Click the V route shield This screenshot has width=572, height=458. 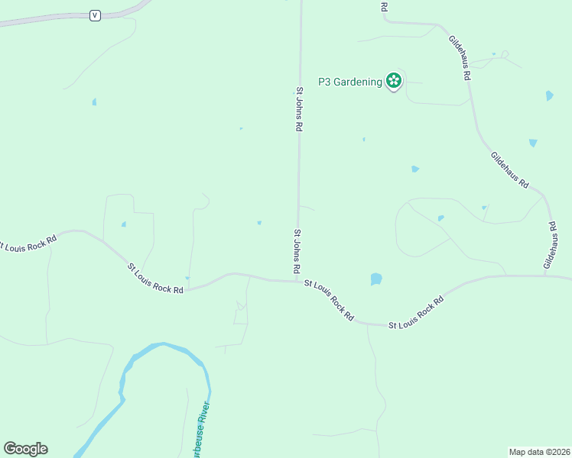95,15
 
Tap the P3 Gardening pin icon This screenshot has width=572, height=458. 393,81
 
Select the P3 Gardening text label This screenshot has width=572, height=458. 349,82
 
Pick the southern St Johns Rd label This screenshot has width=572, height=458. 296,251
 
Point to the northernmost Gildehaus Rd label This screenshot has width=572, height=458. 460,58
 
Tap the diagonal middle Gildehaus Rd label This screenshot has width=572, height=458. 510,170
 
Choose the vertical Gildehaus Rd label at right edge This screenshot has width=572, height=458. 551,245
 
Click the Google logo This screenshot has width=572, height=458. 25,449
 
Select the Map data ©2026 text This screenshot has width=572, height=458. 539,451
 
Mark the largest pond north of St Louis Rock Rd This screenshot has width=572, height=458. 375,279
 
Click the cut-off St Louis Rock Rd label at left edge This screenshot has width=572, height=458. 28,243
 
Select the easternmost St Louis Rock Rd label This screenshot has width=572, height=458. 416,314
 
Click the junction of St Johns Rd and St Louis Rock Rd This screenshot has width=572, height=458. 297,281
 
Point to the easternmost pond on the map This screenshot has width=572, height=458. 549,96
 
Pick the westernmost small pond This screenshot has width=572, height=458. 94,102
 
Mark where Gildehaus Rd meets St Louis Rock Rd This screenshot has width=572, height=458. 544,276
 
